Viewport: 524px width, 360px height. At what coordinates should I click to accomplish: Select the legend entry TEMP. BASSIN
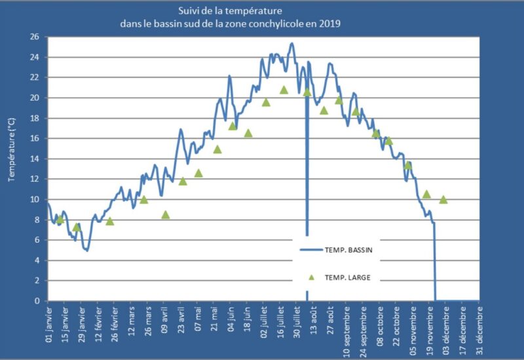(347, 249)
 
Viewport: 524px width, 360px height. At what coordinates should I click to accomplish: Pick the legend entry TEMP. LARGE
(347, 277)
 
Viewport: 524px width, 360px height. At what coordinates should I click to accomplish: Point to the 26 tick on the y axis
(34, 37)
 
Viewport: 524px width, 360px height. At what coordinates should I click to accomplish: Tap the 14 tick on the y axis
(34, 159)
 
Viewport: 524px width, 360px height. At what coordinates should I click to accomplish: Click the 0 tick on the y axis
(37, 301)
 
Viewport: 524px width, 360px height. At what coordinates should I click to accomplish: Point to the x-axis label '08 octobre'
(381, 323)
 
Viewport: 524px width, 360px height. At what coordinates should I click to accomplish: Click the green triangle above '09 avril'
(166, 215)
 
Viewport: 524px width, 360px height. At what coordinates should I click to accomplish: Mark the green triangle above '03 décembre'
(443, 200)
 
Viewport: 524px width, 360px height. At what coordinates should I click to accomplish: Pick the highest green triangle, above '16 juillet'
(284, 90)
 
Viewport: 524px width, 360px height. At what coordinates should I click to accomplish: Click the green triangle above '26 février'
(110, 221)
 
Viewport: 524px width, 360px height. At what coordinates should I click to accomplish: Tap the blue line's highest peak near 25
(291, 44)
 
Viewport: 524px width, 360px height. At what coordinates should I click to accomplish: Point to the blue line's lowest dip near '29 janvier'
(86, 250)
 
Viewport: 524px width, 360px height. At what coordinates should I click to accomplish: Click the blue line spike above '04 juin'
(229, 76)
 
